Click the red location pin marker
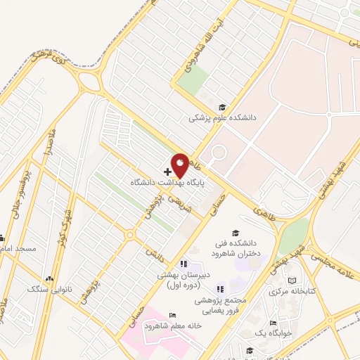point(179,165)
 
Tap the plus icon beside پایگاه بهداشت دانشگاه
point(167,172)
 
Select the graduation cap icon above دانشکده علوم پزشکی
point(222,108)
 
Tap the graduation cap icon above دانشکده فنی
point(236,233)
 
